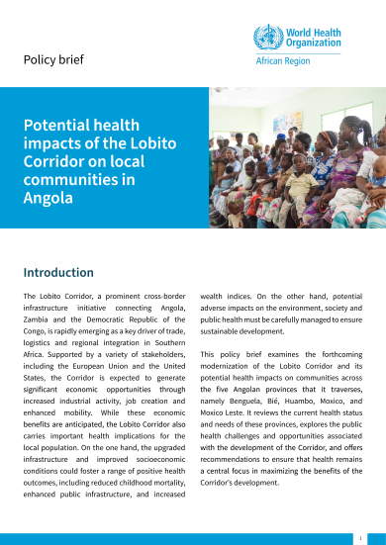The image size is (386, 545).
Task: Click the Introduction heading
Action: (58, 272)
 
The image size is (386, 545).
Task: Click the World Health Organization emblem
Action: (266, 40)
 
